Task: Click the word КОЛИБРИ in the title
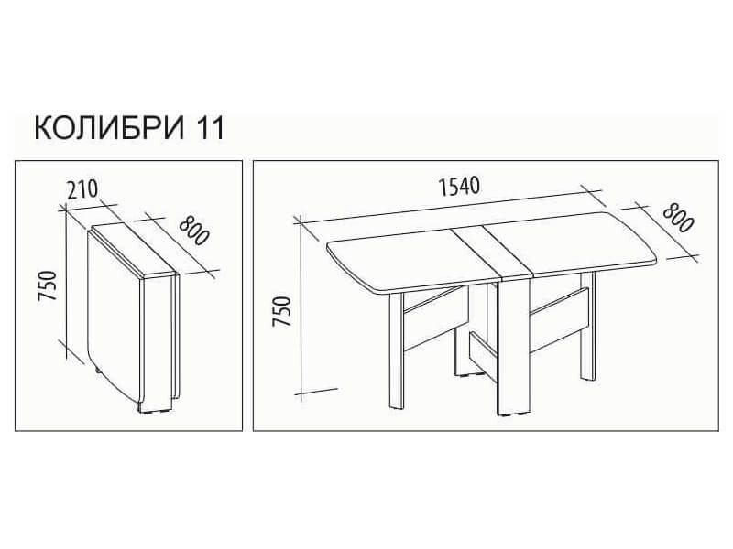pyautogui.click(x=110, y=128)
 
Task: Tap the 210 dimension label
pyautogui.click(x=82, y=189)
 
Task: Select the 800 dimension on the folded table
pyautogui.click(x=193, y=231)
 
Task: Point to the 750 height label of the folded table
pyautogui.click(x=49, y=285)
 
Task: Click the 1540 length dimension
pyautogui.click(x=459, y=187)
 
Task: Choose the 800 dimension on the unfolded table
pyautogui.click(x=677, y=219)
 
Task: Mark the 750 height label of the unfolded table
pyautogui.click(x=282, y=311)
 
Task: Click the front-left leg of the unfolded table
pyautogui.click(x=397, y=351)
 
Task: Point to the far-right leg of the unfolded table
pyautogui.click(x=587, y=326)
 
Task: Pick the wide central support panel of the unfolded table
pyautogui.click(x=514, y=347)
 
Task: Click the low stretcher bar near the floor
pyautogui.click(x=484, y=355)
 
